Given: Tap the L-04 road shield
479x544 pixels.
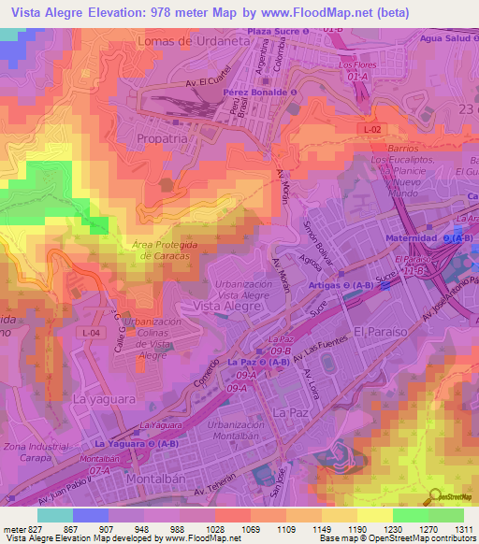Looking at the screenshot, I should [91, 333].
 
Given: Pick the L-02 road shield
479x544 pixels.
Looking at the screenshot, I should [371, 128].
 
